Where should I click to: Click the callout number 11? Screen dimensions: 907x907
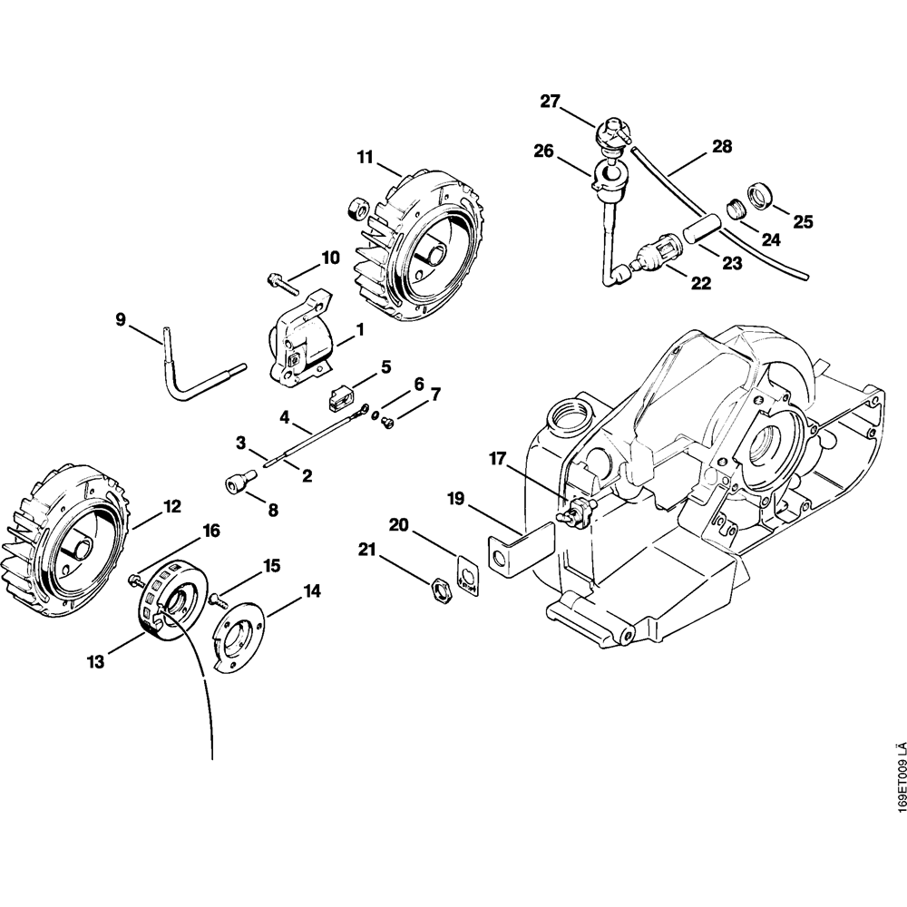pos(365,157)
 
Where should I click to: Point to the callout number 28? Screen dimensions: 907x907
pos(722,146)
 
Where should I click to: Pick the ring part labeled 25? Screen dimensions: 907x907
pos(757,195)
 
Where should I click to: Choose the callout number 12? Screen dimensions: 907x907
pos(171,505)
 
